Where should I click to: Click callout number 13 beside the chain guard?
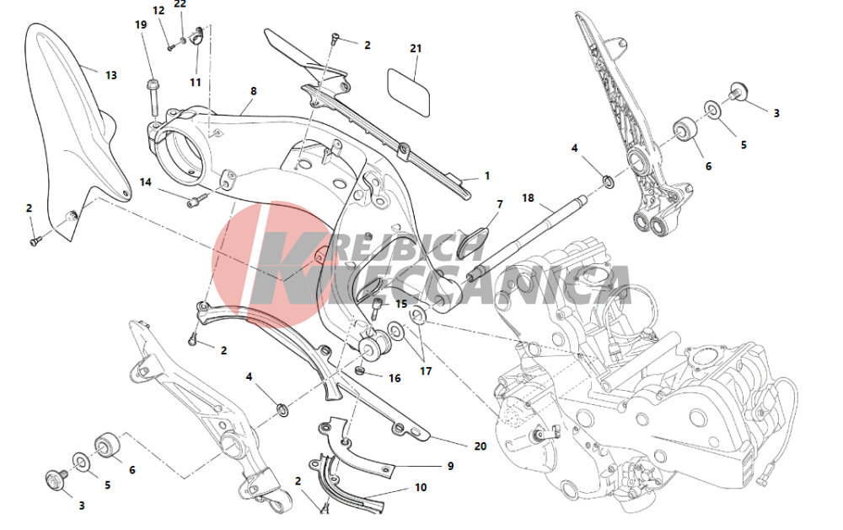pos(110,75)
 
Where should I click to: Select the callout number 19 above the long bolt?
pos(141,24)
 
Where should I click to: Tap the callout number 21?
pos(416,48)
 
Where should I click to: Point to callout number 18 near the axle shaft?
pos(528,198)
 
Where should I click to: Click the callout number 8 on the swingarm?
pos(254,91)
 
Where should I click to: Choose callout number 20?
pos(481,446)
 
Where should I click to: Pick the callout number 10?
pos(421,488)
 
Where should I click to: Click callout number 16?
pos(395,378)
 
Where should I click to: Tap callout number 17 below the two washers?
pos(426,371)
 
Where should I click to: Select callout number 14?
pos(146,182)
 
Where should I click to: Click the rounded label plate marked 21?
pos(409,92)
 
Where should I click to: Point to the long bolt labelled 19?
pos(152,98)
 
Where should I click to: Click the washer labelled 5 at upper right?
pos(713,110)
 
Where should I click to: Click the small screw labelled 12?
pos(171,47)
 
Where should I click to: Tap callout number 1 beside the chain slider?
pos(487,176)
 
